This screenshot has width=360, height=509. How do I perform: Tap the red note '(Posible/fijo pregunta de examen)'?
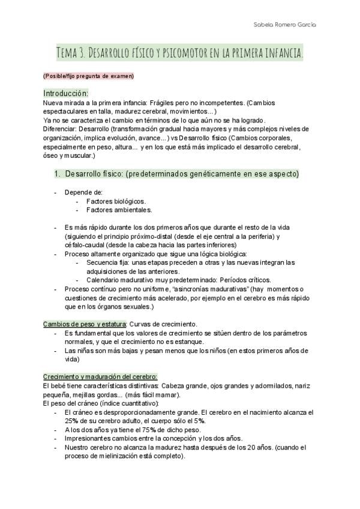[88, 76]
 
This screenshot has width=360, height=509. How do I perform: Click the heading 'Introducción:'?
[65, 93]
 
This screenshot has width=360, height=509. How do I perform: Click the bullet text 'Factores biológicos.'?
[116, 201]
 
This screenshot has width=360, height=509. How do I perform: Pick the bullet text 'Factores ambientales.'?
[119, 209]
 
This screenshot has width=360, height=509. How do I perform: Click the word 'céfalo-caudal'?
[84, 245]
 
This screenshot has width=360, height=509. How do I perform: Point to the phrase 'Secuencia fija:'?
[109, 262]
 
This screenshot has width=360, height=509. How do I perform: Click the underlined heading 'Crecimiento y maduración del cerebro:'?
[100, 376]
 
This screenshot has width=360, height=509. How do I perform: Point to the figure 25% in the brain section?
[71, 421]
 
